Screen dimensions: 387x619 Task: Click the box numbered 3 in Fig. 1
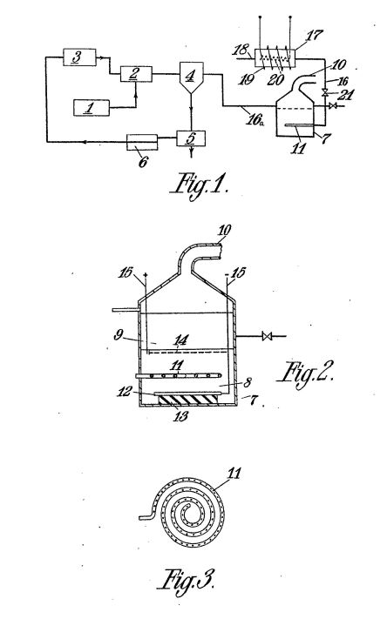click(x=79, y=57)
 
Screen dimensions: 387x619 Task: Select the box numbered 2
click(x=136, y=74)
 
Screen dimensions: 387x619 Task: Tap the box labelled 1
click(x=92, y=108)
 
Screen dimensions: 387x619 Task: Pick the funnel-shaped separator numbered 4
click(x=192, y=77)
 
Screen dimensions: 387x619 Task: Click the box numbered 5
click(x=192, y=138)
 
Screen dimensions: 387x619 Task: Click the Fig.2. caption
click(x=306, y=373)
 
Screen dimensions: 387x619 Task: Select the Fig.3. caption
click(x=187, y=578)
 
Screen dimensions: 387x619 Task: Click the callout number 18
click(x=241, y=50)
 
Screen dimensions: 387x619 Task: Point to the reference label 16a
click(x=255, y=118)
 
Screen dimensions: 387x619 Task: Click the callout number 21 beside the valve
click(x=343, y=94)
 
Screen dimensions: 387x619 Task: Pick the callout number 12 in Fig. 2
click(x=124, y=392)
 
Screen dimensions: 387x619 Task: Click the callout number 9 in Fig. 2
click(x=118, y=335)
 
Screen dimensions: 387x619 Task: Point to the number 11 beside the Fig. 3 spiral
click(x=234, y=473)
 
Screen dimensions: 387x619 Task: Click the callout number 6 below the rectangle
click(x=143, y=162)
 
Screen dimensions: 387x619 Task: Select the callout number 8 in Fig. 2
click(x=247, y=382)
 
